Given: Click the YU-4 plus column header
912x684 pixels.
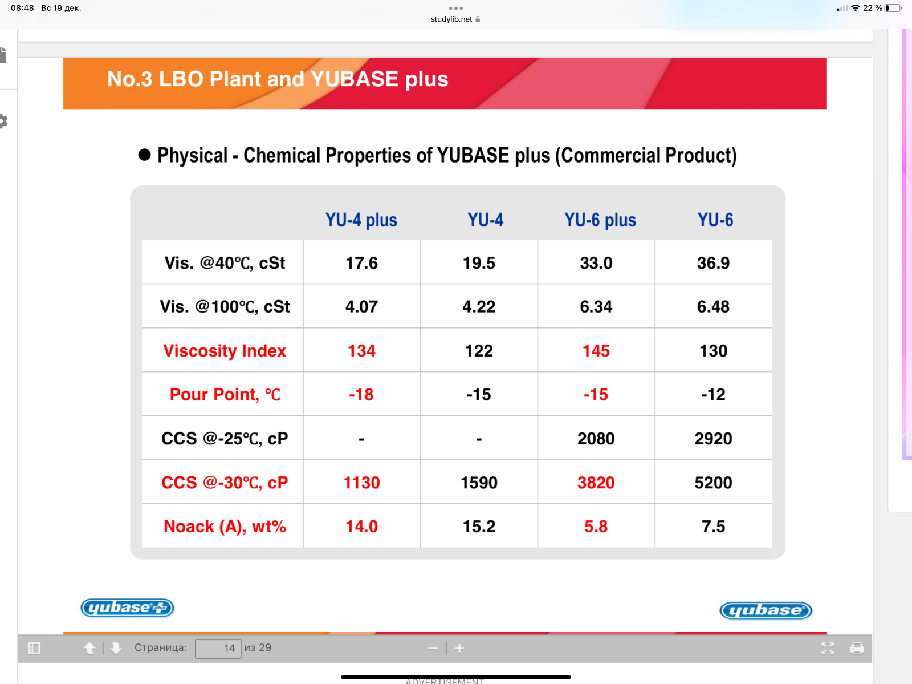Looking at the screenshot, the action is pos(361,220).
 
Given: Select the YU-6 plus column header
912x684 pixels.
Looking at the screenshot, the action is pos(600,220).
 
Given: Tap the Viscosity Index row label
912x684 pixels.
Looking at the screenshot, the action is pos(225,350).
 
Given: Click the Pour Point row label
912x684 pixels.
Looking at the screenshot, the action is pos(225,394).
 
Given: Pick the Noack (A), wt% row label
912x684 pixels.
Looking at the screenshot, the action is pos(225,526).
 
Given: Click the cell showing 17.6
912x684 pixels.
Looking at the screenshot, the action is pos(361,263).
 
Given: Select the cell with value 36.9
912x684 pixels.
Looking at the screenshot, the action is pos(714,263).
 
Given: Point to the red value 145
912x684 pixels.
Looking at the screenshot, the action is pos(596,350).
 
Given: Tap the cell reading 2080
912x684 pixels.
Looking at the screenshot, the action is pos(596,438).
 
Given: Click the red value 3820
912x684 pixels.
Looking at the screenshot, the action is pos(596,482).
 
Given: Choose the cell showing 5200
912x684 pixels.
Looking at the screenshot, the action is pos(714,482).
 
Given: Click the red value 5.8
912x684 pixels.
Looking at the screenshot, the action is pos(596,527).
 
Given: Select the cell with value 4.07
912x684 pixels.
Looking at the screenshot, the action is pos(361,307).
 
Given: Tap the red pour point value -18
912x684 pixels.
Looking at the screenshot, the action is pos(361,394).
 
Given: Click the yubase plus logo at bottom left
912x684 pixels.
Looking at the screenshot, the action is pos(127,608).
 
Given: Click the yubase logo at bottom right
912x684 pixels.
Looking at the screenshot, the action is pos(766,610).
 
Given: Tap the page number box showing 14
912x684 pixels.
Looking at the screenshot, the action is pos(218,648).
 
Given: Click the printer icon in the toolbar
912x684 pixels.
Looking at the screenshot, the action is pos(857,648).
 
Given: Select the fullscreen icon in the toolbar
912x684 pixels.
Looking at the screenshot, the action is pos(828,648).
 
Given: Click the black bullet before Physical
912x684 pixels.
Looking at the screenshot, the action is pos(144,155).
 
